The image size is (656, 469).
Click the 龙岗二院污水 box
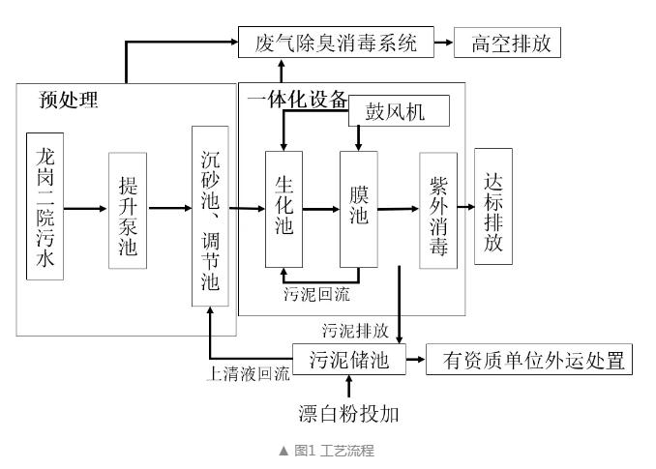45,207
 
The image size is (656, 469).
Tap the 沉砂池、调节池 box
210,216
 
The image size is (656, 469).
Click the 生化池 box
283,208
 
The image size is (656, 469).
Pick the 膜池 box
358,208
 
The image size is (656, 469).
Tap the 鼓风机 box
400,111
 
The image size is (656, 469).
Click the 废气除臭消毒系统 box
336,44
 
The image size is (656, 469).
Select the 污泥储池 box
348,362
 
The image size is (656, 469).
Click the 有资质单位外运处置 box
529,362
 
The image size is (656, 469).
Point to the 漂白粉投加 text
349,415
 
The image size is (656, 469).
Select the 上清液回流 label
249,373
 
